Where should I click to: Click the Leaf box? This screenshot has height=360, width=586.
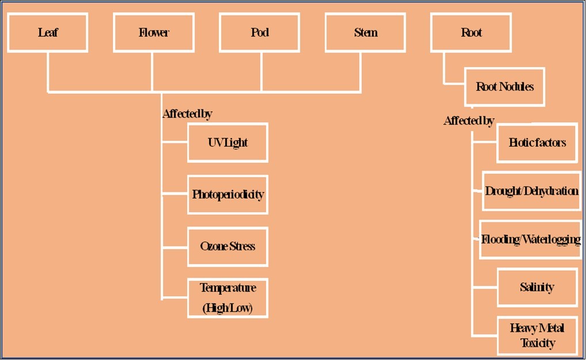pyautogui.click(x=48, y=32)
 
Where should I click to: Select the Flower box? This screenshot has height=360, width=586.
pyautogui.click(x=154, y=32)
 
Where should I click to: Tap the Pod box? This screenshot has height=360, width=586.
pyautogui.click(x=260, y=32)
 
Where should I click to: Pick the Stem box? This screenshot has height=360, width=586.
pyautogui.click(x=366, y=32)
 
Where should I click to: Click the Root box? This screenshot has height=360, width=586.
pyautogui.click(x=471, y=32)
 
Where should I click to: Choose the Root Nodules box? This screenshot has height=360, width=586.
pyautogui.click(x=505, y=87)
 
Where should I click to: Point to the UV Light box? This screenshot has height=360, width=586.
pyautogui.click(x=227, y=142)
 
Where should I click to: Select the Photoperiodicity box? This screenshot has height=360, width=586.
pyautogui.click(x=227, y=194)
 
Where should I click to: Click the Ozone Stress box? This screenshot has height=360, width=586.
pyautogui.click(x=227, y=246)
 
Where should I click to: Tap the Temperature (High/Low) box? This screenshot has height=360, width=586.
pyautogui.click(x=227, y=298)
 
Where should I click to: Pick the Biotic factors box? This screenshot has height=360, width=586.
pyautogui.click(x=537, y=142)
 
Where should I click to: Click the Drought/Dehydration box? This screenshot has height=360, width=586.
pyautogui.click(x=531, y=191)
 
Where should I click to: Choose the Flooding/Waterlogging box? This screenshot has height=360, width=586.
pyautogui.click(x=530, y=239)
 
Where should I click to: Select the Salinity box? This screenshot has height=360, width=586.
pyautogui.click(x=537, y=287)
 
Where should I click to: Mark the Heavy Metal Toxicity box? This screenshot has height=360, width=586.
pyautogui.click(x=537, y=335)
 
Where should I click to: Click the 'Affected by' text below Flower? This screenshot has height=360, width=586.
pyautogui.click(x=187, y=114)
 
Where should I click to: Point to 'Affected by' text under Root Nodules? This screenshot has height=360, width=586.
pyautogui.click(x=469, y=121)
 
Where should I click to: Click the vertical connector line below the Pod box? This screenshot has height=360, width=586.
pyautogui.click(x=261, y=71)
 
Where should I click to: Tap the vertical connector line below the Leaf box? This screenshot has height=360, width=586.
pyautogui.click(x=48, y=71)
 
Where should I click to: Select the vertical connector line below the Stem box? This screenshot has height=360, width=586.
pyautogui.click(x=361, y=71)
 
